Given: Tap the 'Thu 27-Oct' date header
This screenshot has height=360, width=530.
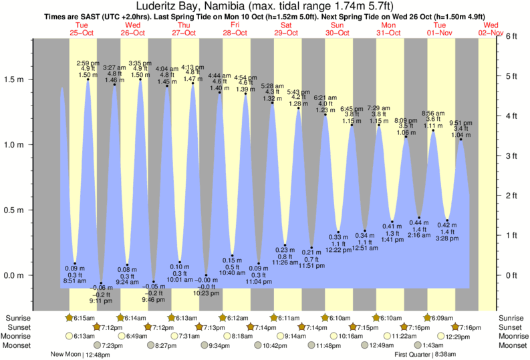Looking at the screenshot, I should pyautogui.click(x=184, y=28).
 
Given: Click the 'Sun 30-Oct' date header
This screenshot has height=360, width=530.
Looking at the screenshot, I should pyautogui.click(x=338, y=28).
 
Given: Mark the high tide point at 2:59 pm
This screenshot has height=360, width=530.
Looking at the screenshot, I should pyautogui.click(x=88, y=80).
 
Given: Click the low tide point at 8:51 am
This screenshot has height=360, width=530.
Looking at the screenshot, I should pyautogui.click(x=75, y=263).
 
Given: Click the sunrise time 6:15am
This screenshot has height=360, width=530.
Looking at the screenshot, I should pyautogui.click(x=84, y=318).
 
